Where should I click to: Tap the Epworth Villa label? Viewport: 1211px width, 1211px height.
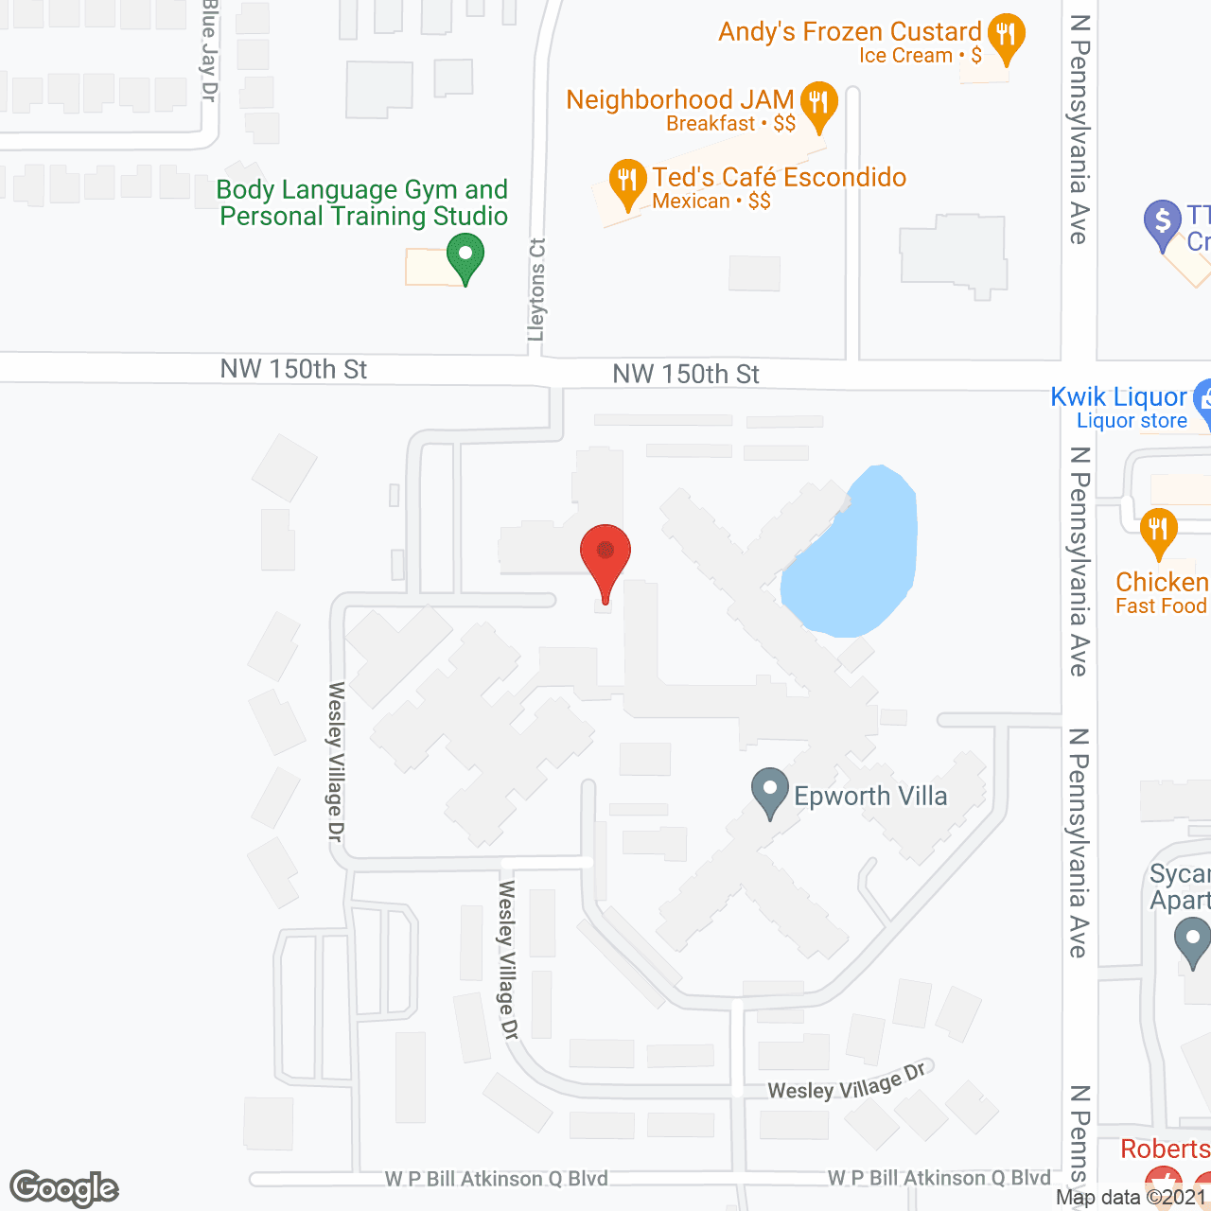point(870,797)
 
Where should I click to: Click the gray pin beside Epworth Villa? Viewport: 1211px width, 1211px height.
point(770,791)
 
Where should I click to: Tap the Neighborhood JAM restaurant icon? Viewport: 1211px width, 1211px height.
point(818,103)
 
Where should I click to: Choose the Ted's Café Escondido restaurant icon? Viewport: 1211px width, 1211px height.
point(626,182)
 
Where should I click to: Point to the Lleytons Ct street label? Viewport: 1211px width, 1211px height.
point(537,290)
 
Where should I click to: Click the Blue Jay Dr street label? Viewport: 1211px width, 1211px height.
point(209,52)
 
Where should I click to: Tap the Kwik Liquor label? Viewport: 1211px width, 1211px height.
point(1118,397)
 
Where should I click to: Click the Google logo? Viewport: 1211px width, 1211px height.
point(64,1188)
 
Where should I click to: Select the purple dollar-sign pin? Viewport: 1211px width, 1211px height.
point(1163,223)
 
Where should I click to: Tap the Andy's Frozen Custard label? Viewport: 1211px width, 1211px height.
point(850,32)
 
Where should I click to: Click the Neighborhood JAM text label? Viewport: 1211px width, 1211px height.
point(679,100)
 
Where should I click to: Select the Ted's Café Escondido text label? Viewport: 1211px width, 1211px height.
point(779,178)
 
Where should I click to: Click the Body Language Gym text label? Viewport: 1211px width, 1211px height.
point(363,202)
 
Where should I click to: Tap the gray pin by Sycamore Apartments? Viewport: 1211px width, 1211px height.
point(1191,942)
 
